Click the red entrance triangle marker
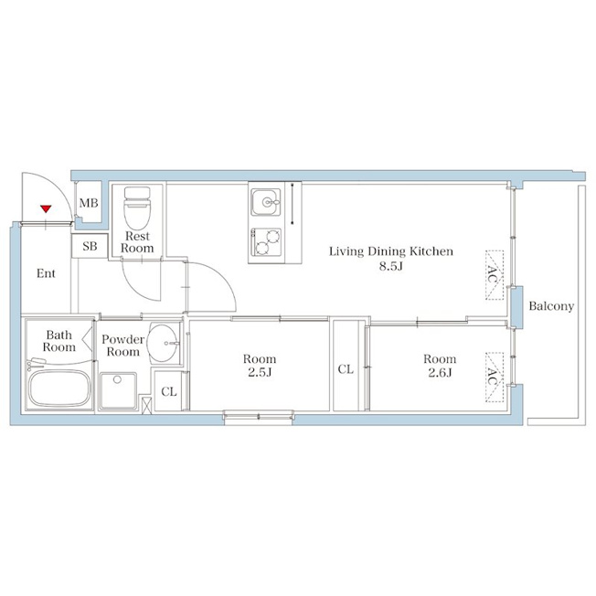[x=46, y=208]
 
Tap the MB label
[x=89, y=203]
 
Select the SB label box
[x=90, y=246]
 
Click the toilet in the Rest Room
[x=137, y=208]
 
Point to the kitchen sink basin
[x=266, y=202]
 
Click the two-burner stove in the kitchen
[x=266, y=242]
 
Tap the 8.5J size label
[x=390, y=266]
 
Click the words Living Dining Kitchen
[x=390, y=251]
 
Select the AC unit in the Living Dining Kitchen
[x=495, y=275]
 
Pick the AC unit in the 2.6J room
[x=495, y=377]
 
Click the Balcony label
[x=551, y=306]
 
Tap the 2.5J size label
[x=260, y=373]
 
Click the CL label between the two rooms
[x=346, y=368]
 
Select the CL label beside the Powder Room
[x=169, y=391]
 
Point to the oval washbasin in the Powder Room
[x=163, y=343]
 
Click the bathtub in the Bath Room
[x=59, y=388]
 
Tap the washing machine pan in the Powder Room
[x=118, y=391]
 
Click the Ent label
[x=46, y=273]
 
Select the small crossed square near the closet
[x=146, y=405]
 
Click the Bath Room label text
[x=59, y=341]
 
